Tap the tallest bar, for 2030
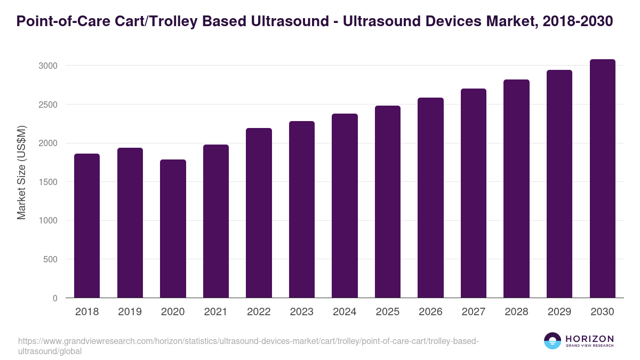click(x=602, y=179)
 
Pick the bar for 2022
click(x=259, y=213)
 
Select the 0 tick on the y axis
click(x=55, y=298)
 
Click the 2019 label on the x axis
click(x=130, y=312)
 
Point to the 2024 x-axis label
click(x=345, y=312)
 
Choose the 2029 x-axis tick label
click(x=559, y=312)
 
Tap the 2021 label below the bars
click(x=215, y=312)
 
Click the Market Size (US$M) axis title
click(x=21, y=172)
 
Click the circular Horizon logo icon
click(x=553, y=341)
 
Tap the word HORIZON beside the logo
click(x=589, y=338)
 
